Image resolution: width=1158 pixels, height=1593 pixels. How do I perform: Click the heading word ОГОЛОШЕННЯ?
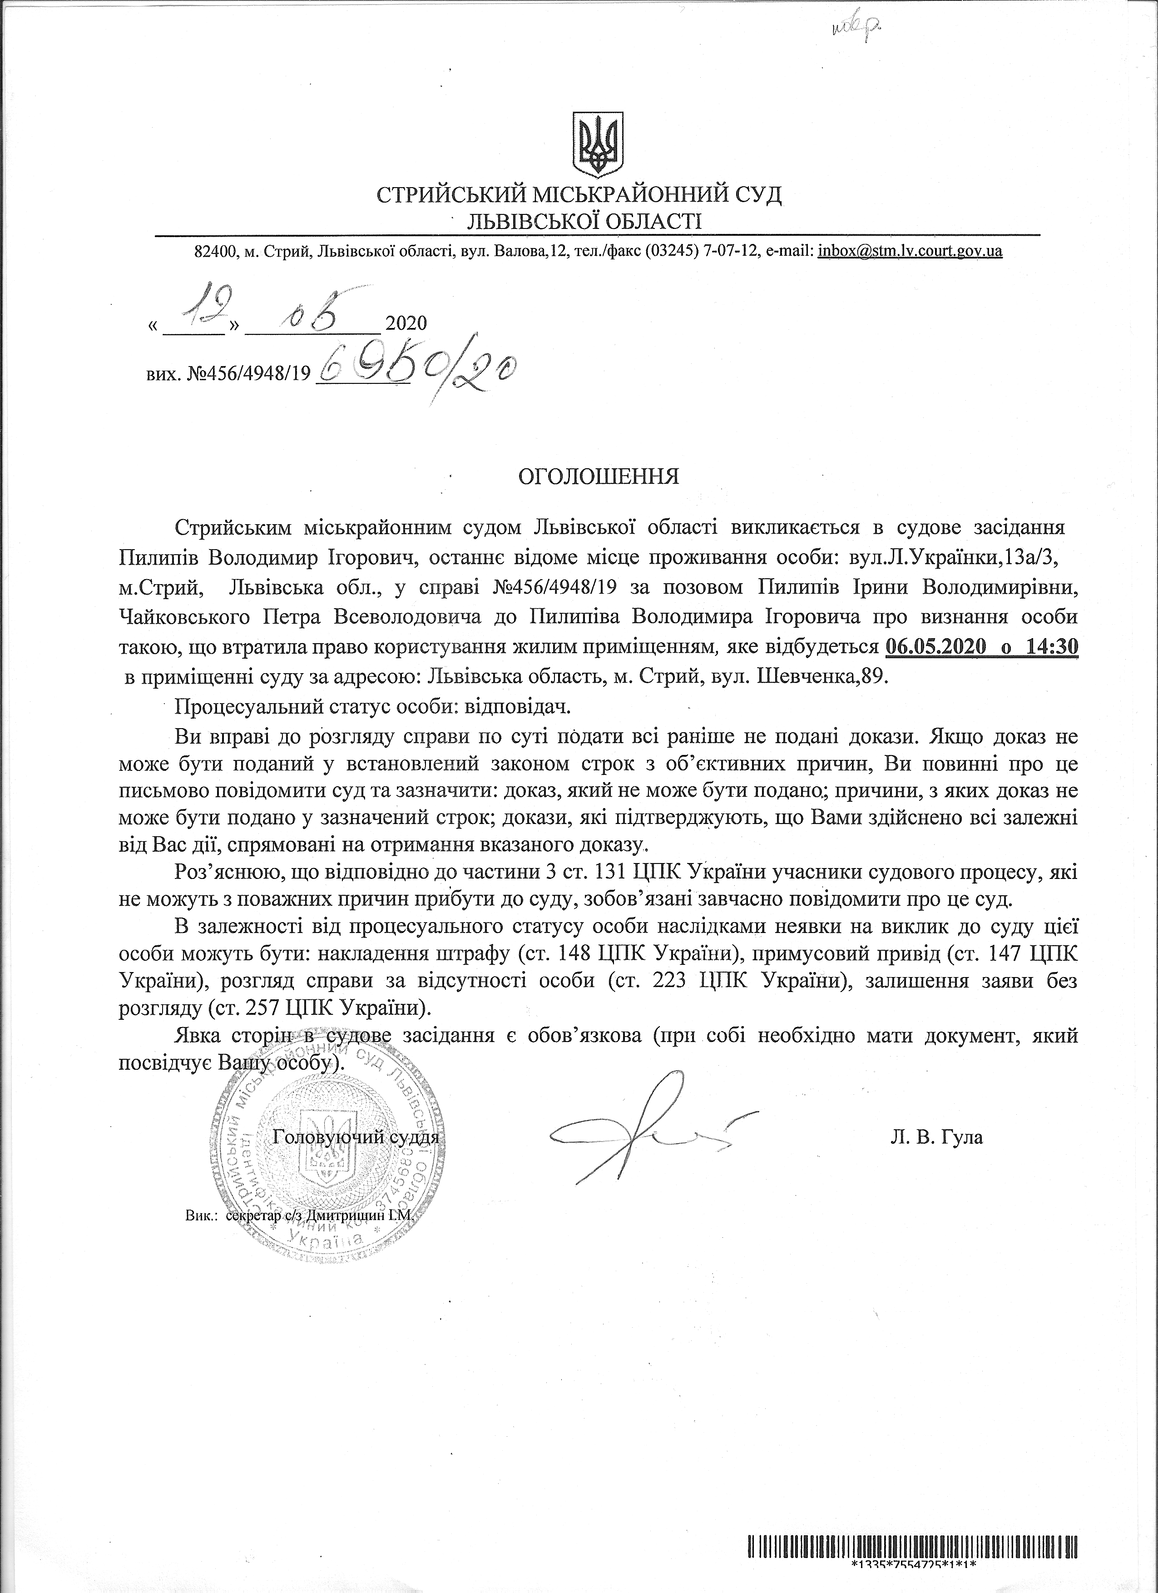(599, 477)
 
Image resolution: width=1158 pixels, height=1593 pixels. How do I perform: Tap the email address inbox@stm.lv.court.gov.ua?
(910, 251)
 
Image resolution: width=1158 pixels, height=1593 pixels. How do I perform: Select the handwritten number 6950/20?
(418, 369)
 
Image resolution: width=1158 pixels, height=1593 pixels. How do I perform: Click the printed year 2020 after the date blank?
(406, 324)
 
